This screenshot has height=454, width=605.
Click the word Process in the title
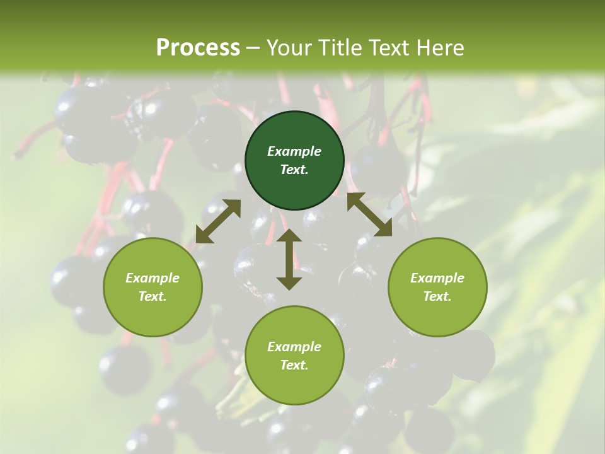[x=198, y=48]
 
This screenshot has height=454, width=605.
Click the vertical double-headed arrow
[x=289, y=259]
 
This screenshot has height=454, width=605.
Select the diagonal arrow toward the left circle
[x=218, y=221]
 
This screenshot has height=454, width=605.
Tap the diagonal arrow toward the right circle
[x=369, y=214]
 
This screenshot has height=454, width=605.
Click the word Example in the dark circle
[x=294, y=151]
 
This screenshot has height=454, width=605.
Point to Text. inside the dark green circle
[x=294, y=170]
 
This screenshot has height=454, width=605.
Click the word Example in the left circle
[x=153, y=278]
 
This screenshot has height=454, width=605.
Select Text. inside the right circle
[x=437, y=296]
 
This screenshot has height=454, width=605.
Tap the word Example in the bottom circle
[x=294, y=347]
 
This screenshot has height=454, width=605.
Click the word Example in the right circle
[x=437, y=278]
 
